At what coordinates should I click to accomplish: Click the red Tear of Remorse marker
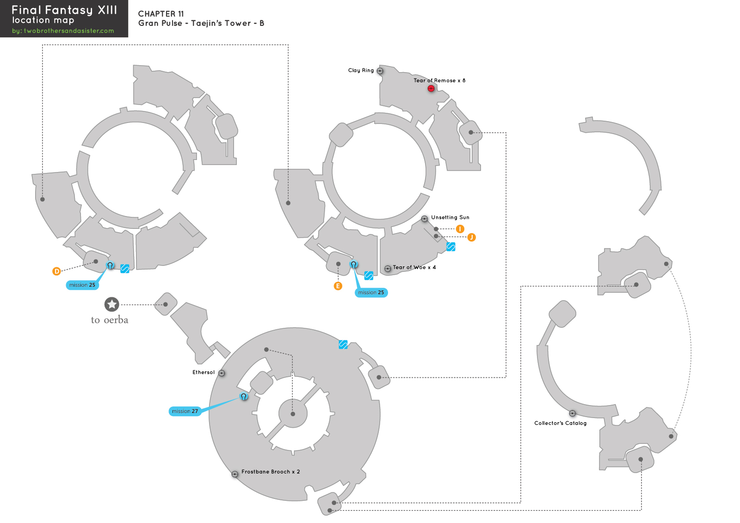[x=431, y=88]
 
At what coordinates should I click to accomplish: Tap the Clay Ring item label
[x=361, y=70]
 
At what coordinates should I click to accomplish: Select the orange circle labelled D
[x=56, y=271]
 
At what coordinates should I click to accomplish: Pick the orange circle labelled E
[x=338, y=286]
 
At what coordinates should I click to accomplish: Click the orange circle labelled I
[x=460, y=229]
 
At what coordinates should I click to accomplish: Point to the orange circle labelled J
[x=471, y=237]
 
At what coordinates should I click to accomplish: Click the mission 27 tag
[x=185, y=411]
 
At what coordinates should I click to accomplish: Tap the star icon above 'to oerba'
[x=111, y=304]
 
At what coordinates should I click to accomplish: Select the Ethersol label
[x=203, y=372]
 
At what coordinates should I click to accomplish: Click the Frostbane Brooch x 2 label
[x=271, y=472]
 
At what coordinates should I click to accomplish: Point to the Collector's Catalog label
[x=560, y=423]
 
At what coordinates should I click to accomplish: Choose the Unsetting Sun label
[x=450, y=217]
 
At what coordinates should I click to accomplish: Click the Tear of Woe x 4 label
[x=414, y=267]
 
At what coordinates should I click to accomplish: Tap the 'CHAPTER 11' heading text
[x=161, y=14]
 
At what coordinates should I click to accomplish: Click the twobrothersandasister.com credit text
[x=63, y=31]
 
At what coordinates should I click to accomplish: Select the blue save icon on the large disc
[x=343, y=345]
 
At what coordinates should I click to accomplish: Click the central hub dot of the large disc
[x=293, y=414]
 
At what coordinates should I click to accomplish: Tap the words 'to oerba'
[x=110, y=320]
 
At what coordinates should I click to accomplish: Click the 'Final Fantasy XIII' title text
[x=64, y=10]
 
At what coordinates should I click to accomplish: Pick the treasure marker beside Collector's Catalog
[x=572, y=413]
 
